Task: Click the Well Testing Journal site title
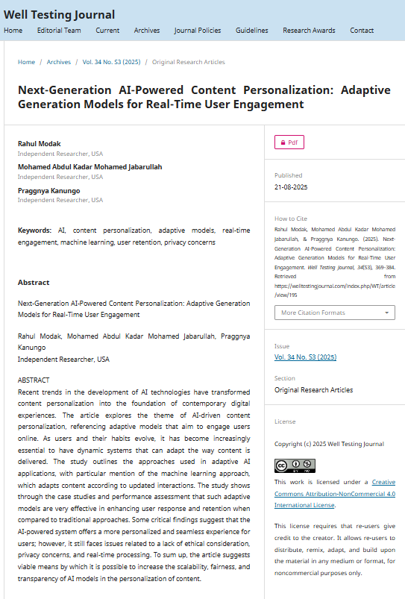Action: tap(60, 15)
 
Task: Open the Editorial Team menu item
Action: tap(59, 31)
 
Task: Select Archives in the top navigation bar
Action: tap(147, 31)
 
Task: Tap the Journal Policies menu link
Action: tap(197, 31)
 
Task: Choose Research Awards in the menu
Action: tap(309, 31)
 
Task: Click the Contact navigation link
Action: tap(362, 31)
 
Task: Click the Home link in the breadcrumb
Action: tap(26, 62)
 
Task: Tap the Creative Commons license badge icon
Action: tap(295, 465)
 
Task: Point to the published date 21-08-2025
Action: tap(291, 186)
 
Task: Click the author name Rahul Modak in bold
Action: tap(40, 144)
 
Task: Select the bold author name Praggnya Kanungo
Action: tap(48, 191)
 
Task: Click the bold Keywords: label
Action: tap(34, 230)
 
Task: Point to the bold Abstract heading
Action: tap(34, 283)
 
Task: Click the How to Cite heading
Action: tap(290, 219)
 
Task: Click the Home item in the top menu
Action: tap(13, 31)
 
